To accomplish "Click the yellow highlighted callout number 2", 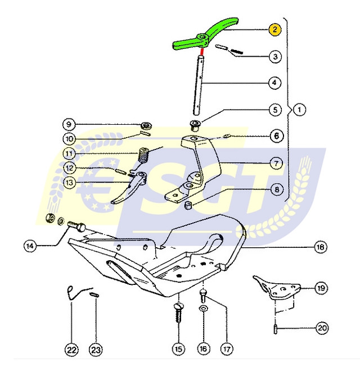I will [x=274, y=30].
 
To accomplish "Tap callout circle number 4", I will [x=274, y=83].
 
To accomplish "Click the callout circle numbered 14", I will [x=30, y=246].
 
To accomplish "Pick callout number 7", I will [x=276, y=164].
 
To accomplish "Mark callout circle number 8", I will [x=276, y=189].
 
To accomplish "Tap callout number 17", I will [x=227, y=349].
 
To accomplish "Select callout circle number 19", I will [x=319, y=288].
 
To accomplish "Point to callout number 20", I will [x=322, y=328].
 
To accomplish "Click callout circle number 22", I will [x=71, y=350].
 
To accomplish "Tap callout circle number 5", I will [x=274, y=109].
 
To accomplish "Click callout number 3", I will [x=274, y=56].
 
